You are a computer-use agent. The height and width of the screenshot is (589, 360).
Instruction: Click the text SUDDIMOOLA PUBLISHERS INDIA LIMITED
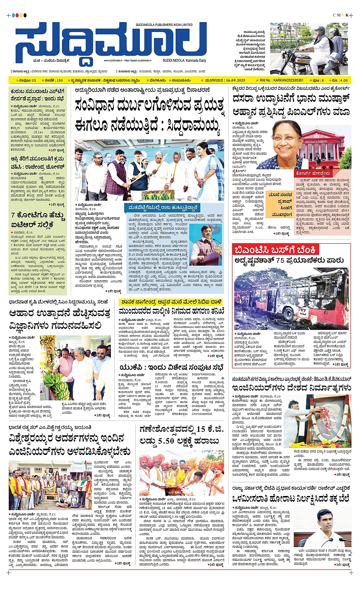pyautogui.click(x=164, y=25)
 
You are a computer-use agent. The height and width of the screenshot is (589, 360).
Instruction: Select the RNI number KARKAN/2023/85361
pyautogui.click(x=282, y=80)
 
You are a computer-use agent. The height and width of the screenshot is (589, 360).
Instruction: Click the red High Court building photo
pyautogui.click(x=326, y=147)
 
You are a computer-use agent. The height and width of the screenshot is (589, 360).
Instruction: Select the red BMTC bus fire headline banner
pyautogui.click(x=275, y=250)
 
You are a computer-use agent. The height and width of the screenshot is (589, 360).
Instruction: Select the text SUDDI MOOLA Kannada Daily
pyautogui.click(x=184, y=60)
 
